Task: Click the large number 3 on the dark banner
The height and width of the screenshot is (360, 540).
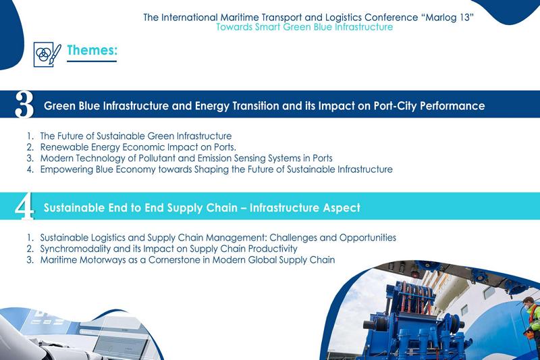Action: [24, 105]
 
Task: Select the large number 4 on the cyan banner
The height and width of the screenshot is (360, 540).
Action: [25, 208]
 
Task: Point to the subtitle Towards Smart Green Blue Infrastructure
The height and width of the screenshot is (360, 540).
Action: [304, 28]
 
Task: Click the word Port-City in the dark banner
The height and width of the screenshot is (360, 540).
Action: [397, 106]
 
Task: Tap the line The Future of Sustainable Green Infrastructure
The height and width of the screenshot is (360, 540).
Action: [136, 136]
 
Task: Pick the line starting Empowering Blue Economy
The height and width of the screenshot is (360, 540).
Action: [216, 170]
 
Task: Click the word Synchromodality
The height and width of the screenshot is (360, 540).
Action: [77, 249]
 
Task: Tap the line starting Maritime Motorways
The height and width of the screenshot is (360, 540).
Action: [187, 259]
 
